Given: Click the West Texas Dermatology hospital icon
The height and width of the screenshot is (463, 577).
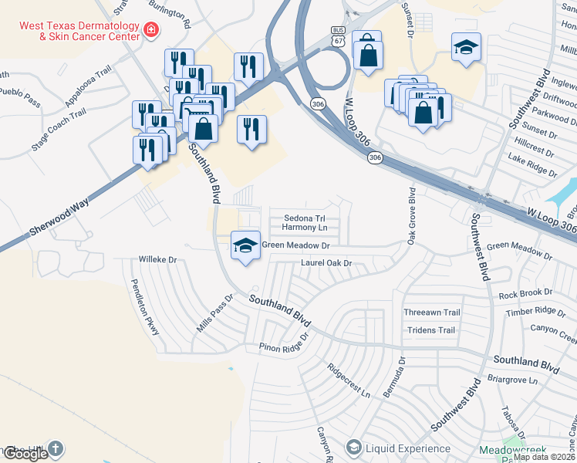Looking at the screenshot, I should tap(152, 31).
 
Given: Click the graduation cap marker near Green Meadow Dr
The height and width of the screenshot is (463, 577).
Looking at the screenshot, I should tap(246, 245).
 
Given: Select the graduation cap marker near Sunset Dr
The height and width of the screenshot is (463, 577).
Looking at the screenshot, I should tap(465, 48).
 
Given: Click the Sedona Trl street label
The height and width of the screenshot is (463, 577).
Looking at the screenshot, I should tap(305, 218).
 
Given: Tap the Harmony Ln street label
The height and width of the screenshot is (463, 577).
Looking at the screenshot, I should tap(304, 228).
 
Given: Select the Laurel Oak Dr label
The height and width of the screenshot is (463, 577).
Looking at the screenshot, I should tap(326, 263).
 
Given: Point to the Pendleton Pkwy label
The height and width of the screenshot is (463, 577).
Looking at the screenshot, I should tap(145, 307).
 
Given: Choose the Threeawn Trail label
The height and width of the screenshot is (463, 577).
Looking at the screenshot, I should tap(431, 313).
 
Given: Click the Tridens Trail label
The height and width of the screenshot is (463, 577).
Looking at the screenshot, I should tap(430, 330).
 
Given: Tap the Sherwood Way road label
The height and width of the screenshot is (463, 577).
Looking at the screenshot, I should tap(59, 219).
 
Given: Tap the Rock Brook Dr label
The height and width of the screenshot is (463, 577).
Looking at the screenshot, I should tap(525, 294).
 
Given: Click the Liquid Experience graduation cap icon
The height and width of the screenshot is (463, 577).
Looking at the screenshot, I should tap(354, 448).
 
